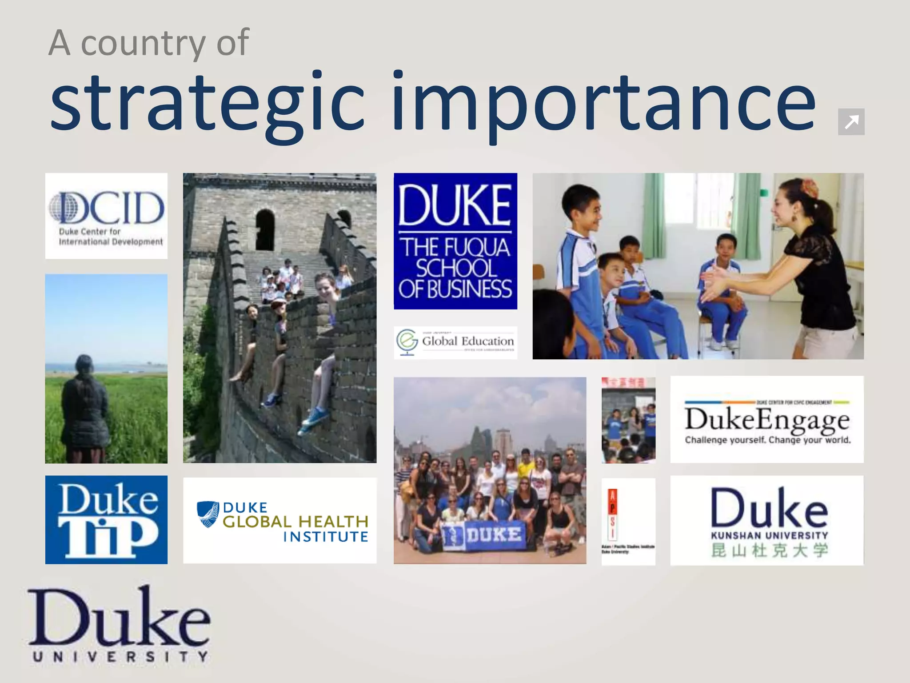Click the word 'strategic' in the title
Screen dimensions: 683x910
[207, 104]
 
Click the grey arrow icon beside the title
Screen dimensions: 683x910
[851, 121]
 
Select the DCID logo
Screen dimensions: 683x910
[106, 216]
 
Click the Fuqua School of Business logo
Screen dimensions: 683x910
[455, 241]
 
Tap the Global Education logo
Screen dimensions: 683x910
[455, 342]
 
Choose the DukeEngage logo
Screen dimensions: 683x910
[767, 419]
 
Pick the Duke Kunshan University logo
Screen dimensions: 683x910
[767, 520]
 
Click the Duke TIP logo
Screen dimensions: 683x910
[106, 519]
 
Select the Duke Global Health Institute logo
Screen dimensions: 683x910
[280, 521]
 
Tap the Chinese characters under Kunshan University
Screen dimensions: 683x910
[769, 550]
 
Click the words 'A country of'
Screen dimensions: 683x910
[149, 43]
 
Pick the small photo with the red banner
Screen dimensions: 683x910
[628, 420]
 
